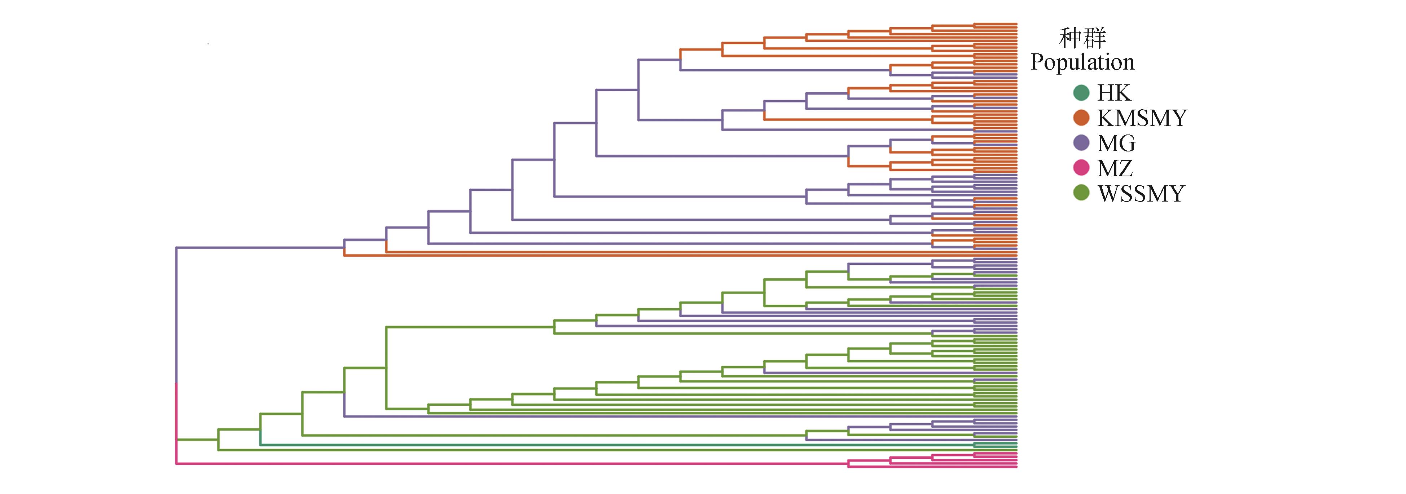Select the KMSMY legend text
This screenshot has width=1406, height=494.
click(x=1142, y=118)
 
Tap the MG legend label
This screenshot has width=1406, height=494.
click(x=1116, y=143)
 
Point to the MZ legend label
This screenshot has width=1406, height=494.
click(x=1115, y=168)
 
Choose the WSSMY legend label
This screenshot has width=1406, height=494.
click(x=1141, y=194)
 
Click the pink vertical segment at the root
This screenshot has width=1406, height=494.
click(x=176, y=423)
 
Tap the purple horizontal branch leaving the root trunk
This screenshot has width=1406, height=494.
click(x=259, y=248)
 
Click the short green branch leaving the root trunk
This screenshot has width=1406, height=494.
click(x=197, y=440)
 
